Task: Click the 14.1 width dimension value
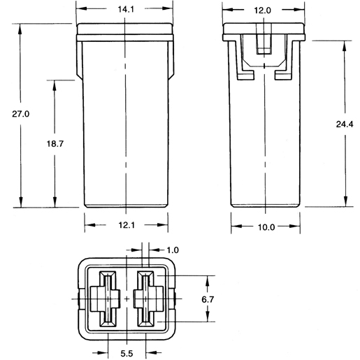(125, 10)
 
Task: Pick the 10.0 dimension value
(266, 226)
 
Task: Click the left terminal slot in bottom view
(108, 299)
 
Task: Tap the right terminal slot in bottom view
(146, 299)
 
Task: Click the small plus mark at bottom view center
(127, 299)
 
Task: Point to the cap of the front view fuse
(125, 32)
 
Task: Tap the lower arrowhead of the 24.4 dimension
(344, 202)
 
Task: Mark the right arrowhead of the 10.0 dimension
(296, 226)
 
